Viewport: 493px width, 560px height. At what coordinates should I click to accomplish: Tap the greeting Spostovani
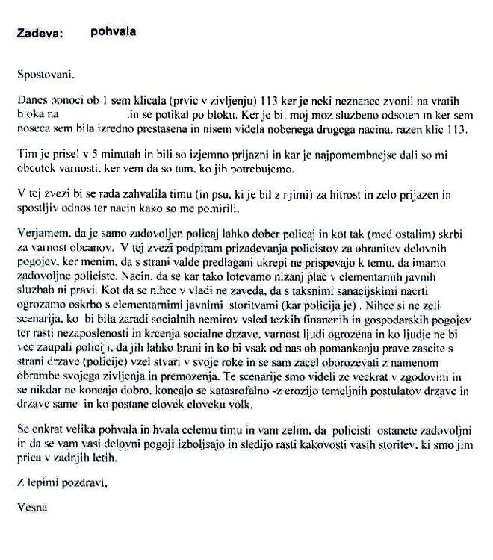[45, 75]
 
